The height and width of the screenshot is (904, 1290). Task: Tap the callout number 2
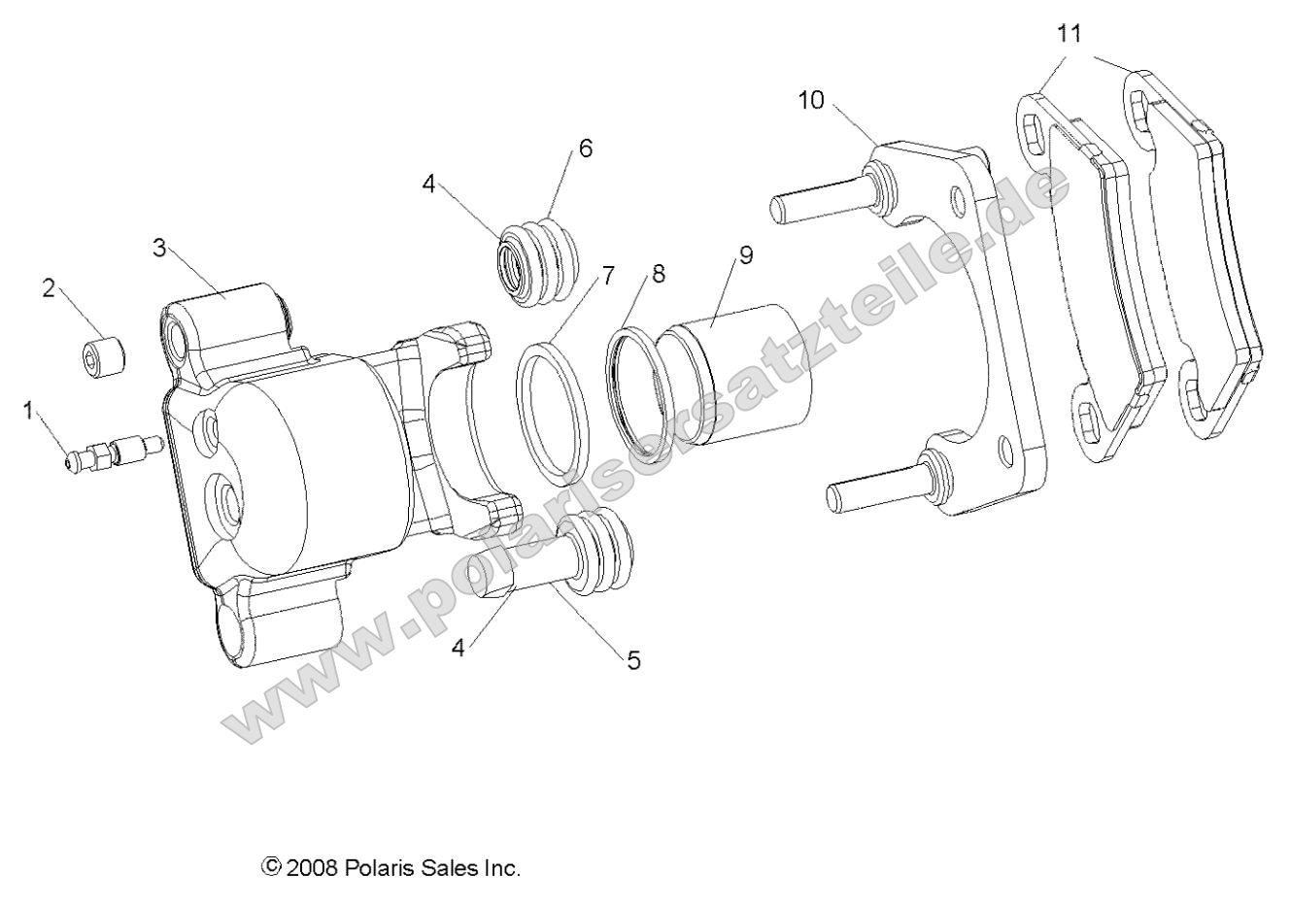point(48,289)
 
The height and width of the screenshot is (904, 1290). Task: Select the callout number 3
point(160,246)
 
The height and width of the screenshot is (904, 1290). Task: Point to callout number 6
point(585,149)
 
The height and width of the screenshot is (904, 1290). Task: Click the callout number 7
point(608,275)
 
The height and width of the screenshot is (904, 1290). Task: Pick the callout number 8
point(659,275)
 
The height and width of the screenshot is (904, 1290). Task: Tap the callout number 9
point(746,255)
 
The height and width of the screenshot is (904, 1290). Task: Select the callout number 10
point(811,99)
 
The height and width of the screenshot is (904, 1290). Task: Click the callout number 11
point(1069,35)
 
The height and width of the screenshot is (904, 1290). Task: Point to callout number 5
point(633,661)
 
